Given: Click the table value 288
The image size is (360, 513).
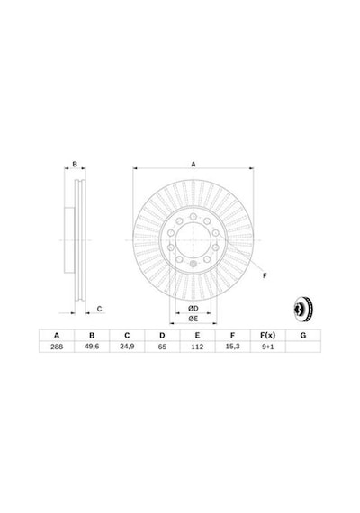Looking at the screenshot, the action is pyautogui.click(x=57, y=346).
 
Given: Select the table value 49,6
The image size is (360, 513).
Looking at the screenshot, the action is pyautogui.click(x=92, y=346).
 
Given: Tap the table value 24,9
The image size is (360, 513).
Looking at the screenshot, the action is pyautogui.click(x=127, y=346).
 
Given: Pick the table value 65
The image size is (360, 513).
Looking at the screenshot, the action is pyautogui.click(x=162, y=346).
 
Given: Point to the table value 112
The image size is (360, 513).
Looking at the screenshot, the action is pyautogui.click(x=197, y=346).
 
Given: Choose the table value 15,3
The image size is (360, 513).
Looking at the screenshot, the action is pyautogui.click(x=232, y=346).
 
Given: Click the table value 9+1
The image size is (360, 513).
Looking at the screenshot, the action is pyautogui.click(x=267, y=346).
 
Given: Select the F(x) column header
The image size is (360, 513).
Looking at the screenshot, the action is pyautogui.click(x=267, y=336).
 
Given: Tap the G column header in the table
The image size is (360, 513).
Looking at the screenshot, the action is pyautogui.click(x=303, y=336).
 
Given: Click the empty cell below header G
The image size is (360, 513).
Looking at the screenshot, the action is pyautogui.click(x=303, y=346).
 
